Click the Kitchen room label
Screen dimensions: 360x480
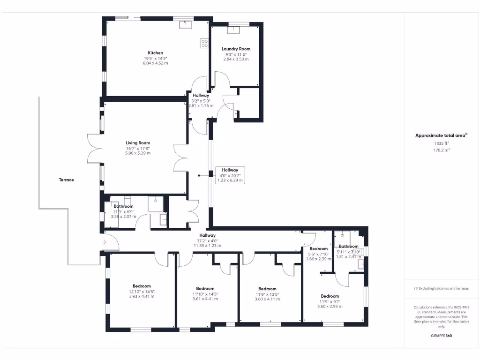click(x=156, y=53)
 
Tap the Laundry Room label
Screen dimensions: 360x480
click(x=236, y=49)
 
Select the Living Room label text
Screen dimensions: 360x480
click(x=137, y=143)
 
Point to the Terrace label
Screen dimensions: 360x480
click(x=66, y=180)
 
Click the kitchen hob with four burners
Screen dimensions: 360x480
click(x=205, y=43)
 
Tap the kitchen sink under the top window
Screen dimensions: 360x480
click(x=185, y=24)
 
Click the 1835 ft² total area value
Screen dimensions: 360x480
click(x=441, y=143)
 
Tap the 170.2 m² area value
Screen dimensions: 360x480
click(x=441, y=150)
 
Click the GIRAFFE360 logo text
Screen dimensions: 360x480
click(x=442, y=336)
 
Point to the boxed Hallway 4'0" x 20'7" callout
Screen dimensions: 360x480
click(x=230, y=175)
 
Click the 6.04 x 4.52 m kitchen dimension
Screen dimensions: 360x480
click(x=156, y=63)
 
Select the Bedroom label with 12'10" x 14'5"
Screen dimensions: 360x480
click(x=142, y=286)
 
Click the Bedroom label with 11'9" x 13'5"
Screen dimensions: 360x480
click(x=267, y=289)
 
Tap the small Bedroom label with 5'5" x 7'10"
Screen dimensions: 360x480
click(x=318, y=248)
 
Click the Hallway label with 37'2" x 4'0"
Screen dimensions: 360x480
click(x=207, y=235)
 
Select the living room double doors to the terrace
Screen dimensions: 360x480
click(x=94, y=148)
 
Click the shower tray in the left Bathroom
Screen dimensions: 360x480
click(x=155, y=204)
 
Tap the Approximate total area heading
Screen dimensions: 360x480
click(x=441, y=135)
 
